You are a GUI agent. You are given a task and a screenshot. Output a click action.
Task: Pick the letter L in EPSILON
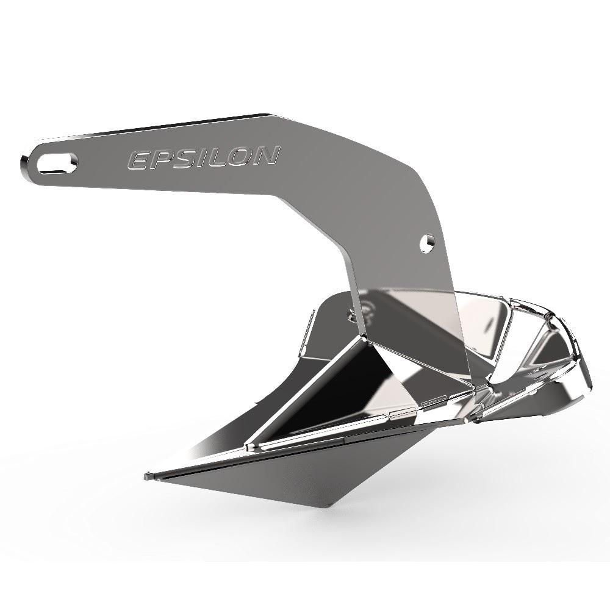pyautogui.click(x=213, y=157)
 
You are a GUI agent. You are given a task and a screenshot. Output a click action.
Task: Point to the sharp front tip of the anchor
pyautogui.click(x=146, y=475)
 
